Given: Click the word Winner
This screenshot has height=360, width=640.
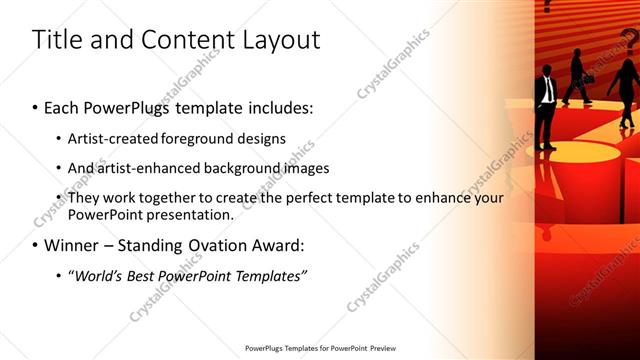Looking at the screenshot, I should pos(73,245).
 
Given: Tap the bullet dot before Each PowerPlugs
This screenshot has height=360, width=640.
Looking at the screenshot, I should pos(36,107).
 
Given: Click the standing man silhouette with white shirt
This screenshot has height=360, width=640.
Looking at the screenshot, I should pos(545,106).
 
